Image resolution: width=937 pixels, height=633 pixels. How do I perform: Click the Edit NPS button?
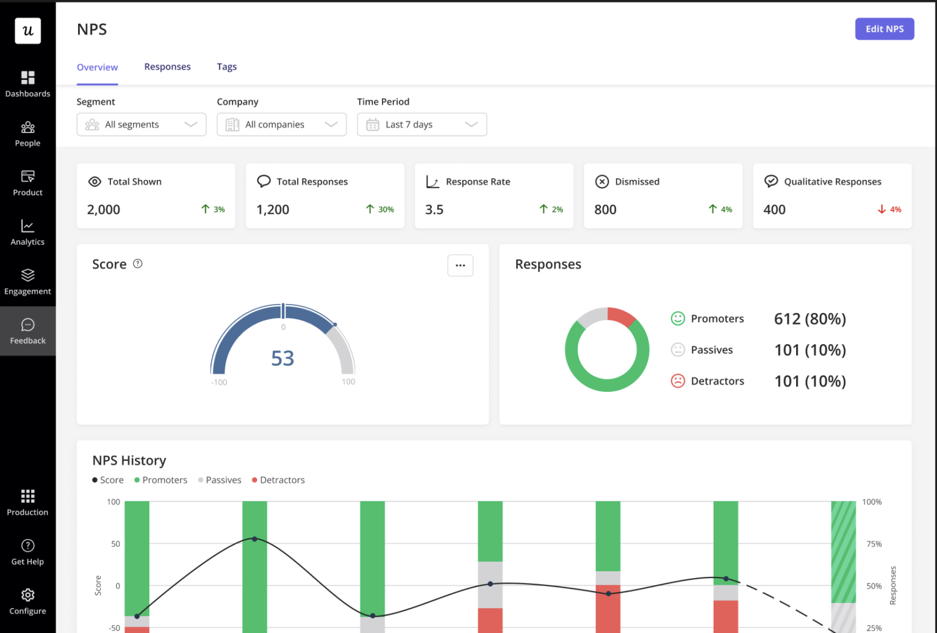pos(884,29)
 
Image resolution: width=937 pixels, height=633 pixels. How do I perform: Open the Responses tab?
pos(167,67)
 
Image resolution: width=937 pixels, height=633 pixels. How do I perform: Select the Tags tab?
pos(226,67)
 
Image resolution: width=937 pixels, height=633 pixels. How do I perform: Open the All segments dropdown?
pos(141,125)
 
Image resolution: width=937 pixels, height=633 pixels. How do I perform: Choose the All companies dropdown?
pos(281,125)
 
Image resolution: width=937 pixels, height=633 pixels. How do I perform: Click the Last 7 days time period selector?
pos(422,125)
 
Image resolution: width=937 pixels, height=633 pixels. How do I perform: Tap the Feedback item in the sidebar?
pos(27,331)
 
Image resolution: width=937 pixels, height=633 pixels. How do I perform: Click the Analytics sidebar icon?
pos(27,226)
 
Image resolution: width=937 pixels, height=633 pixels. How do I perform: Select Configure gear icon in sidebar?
pos(27,595)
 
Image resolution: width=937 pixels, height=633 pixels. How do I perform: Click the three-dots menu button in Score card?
pos(460,266)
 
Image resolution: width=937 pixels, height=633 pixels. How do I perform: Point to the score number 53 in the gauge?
pos(282,358)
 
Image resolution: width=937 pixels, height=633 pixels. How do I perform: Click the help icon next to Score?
pos(138,264)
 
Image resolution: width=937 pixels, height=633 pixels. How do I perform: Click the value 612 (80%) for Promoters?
pos(810,319)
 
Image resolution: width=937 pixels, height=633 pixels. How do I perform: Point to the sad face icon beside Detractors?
pos(678,381)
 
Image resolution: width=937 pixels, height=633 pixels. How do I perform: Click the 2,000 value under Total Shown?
pos(104,209)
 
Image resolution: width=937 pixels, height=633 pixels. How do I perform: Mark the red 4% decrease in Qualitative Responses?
pos(889,209)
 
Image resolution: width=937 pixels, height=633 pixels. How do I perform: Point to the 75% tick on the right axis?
pos(874,544)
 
